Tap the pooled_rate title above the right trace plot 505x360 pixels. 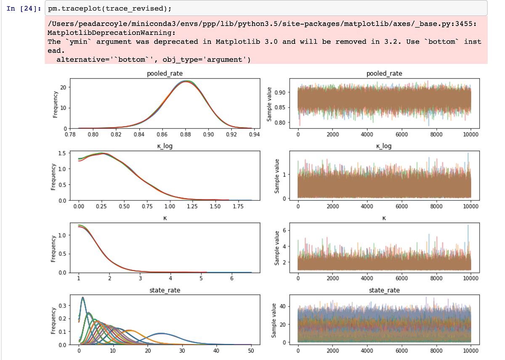click(x=384, y=74)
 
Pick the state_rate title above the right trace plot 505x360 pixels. click(x=384, y=290)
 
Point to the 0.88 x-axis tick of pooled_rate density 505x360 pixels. click(x=185, y=135)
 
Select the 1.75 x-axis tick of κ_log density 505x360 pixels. click(x=238, y=207)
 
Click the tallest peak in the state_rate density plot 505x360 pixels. click(x=82, y=298)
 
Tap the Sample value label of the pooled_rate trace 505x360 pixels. click(x=270, y=104)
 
